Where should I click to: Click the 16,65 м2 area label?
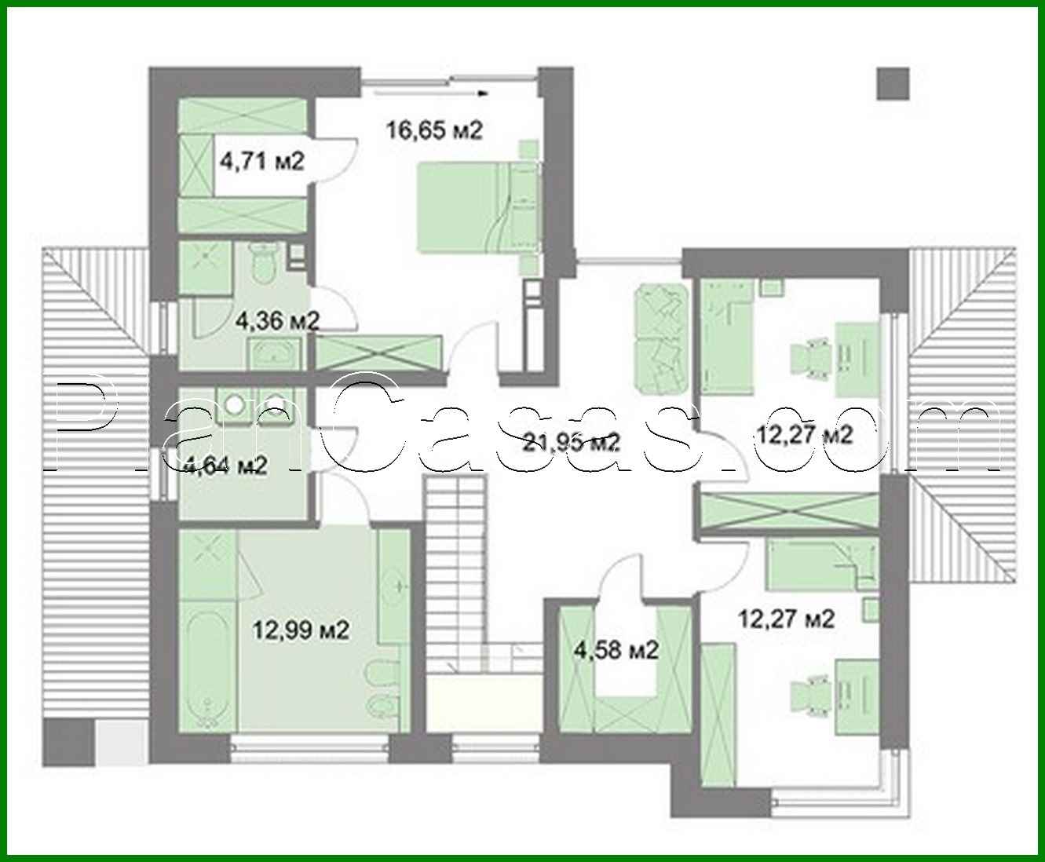pyautogui.click(x=434, y=130)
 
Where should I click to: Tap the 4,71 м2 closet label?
pyautogui.click(x=262, y=162)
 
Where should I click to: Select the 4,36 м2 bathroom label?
pyautogui.click(x=277, y=320)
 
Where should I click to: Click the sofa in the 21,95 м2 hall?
pyautogui.click(x=660, y=339)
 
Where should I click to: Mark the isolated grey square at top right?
pyautogui.click(x=893, y=83)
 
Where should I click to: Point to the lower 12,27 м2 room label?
pyautogui.click(x=786, y=619)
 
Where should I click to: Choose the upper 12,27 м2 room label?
pyautogui.click(x=803, y=434)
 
